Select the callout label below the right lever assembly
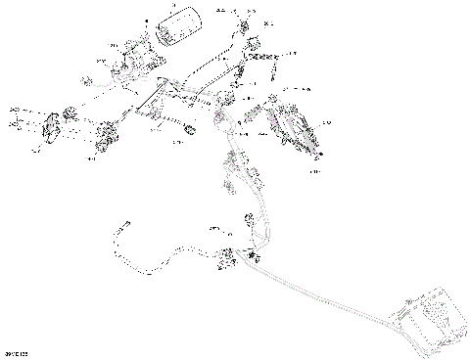coord(315,172)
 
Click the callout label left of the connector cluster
coord(213,228)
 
